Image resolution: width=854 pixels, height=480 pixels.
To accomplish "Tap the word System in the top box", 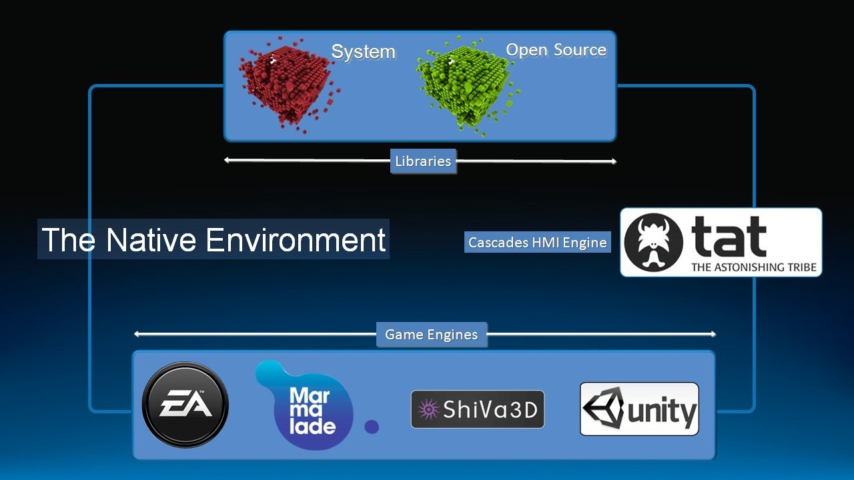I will (363, 52).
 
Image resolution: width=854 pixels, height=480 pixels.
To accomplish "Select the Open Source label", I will (556, 50).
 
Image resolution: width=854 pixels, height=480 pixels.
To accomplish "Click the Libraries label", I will (423, 161).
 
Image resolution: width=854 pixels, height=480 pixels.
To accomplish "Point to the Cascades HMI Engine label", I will (537, 243).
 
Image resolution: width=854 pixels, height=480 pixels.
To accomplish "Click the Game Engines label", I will (431, 335).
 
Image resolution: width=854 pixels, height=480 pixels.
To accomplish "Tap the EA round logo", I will (185, 405).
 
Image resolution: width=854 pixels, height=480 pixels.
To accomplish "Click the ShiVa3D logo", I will (477, 409).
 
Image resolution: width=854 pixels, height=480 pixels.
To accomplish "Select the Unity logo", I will (638, 409).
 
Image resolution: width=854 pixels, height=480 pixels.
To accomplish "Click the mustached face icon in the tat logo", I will (653, 242).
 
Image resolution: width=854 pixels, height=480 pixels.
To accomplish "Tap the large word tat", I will (729, 237).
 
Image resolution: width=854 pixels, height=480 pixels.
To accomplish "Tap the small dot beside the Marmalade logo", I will (372, 427).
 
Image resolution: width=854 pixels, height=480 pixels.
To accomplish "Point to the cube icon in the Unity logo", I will (602, 409).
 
